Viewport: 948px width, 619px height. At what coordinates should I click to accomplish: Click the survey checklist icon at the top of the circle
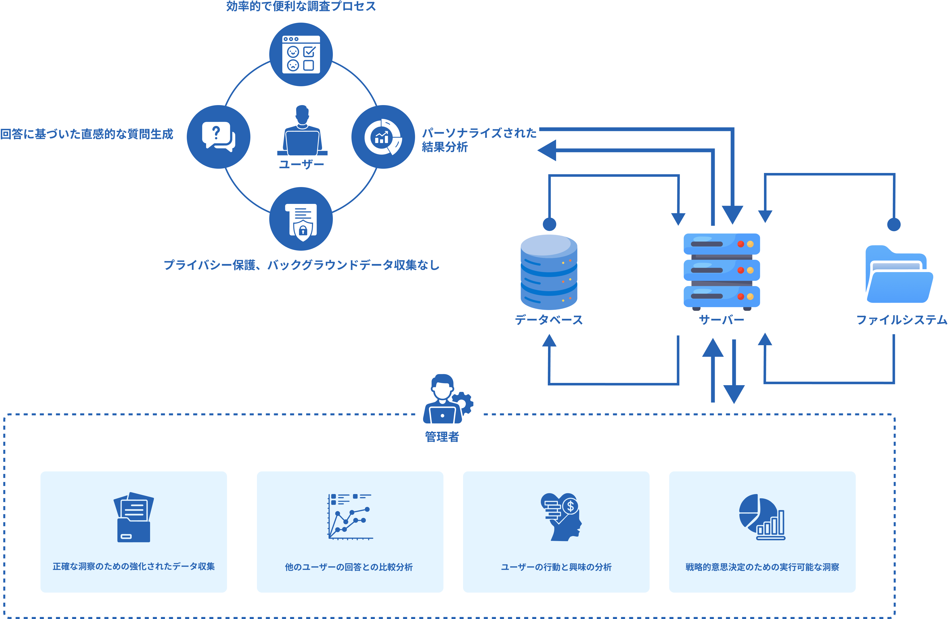[x=301, y=54]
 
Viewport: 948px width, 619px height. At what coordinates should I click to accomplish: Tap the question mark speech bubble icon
[x=218, y=137]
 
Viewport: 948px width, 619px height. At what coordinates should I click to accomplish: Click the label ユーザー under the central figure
[x=301, y=164]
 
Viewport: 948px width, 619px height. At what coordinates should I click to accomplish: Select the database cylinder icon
[x=549, y=272]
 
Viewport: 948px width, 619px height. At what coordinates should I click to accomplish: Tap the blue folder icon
[x=899, y=275]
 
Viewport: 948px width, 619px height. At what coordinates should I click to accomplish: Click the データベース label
[x=549, y=320]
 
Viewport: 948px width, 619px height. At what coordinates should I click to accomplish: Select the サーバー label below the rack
[x=721, y=320]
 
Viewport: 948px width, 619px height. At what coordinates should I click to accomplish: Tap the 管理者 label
[x=442, y=436]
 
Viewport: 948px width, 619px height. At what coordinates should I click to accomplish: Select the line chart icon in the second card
[x=350, y=517]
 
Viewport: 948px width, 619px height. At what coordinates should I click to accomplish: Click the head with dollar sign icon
[x=561, y=517]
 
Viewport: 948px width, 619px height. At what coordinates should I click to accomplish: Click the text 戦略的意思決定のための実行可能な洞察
[x=762, y=566]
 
